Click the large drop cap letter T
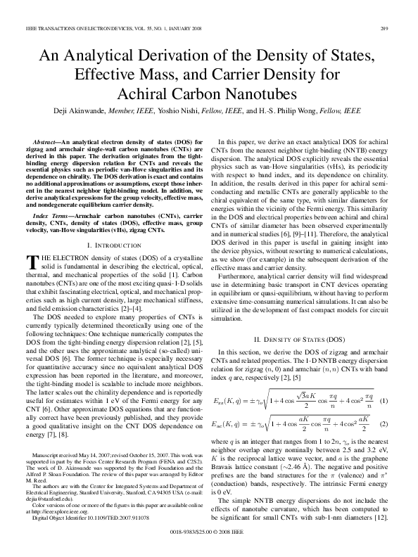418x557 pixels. tap(30, 262)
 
